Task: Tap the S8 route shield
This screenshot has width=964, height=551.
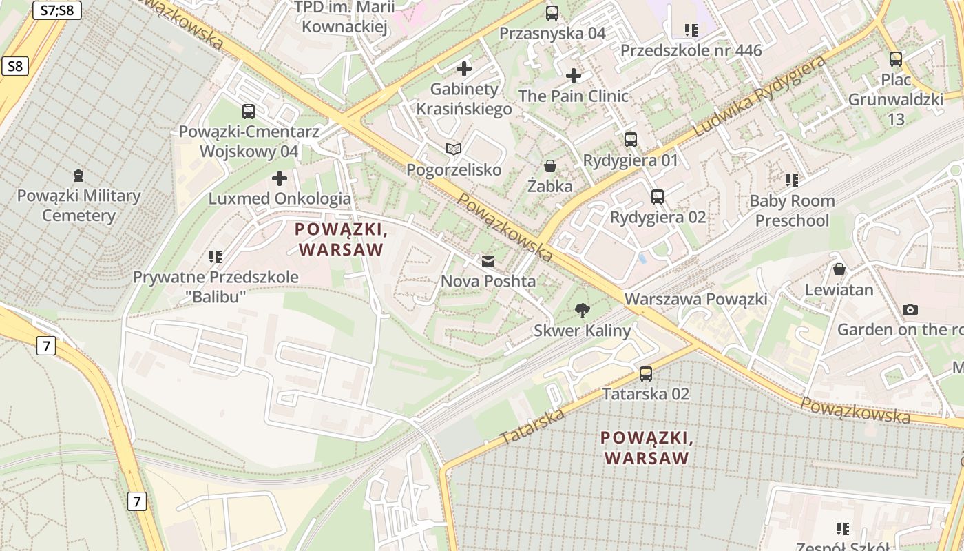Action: click(x=15, y=66)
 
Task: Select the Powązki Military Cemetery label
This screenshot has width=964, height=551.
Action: click(x=78, y=205)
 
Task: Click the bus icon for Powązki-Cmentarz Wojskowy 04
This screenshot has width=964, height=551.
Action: click(x=249, y=111)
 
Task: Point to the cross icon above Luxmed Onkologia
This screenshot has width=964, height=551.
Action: click(x=280, y=179)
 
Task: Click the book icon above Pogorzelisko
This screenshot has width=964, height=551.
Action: click(x=453, y=149)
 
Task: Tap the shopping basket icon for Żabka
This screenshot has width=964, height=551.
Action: click(x=550, y=166)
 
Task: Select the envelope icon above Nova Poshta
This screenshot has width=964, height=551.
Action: click(x=488, y=261)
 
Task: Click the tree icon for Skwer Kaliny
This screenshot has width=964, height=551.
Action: click(x=583, y=311)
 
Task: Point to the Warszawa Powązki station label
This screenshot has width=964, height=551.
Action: click(x=695, y=299)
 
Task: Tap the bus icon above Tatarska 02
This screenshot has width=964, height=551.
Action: click(x=646, y=374)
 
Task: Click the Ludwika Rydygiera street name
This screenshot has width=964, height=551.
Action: click(x=760, y=96)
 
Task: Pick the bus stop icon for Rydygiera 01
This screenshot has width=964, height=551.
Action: click(x=631, y=140)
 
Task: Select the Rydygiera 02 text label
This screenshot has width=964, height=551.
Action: click(x=658, y=217)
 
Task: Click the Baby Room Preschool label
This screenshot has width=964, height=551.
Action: click(x=792, y=211)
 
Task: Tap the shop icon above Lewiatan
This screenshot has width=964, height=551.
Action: click(x=839, y=269)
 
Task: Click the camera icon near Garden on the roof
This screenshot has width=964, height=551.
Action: click(x=910, y=309)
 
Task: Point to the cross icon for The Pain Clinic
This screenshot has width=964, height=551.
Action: click(x=574, y=76)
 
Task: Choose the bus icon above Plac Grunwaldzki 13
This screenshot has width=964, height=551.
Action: click(x=895, y=59)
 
